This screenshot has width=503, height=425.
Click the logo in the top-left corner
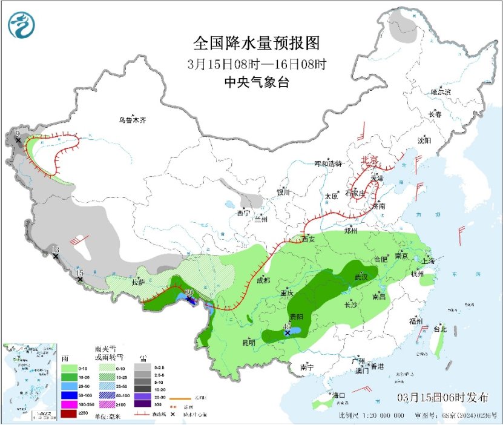22,25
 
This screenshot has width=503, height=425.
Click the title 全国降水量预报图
256,44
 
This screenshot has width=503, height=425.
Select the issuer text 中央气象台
256,82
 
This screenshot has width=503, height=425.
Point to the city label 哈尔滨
441,92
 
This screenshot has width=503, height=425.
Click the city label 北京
369,160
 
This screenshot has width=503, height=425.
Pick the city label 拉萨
137,282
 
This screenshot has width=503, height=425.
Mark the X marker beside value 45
288,333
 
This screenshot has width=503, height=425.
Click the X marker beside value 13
56,257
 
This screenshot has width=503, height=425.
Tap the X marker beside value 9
18,140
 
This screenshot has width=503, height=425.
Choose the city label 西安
308,239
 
